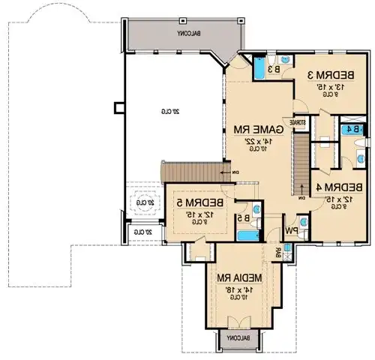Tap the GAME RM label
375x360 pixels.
coord(258,129)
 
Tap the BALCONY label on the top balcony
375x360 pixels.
coord(184,34)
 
